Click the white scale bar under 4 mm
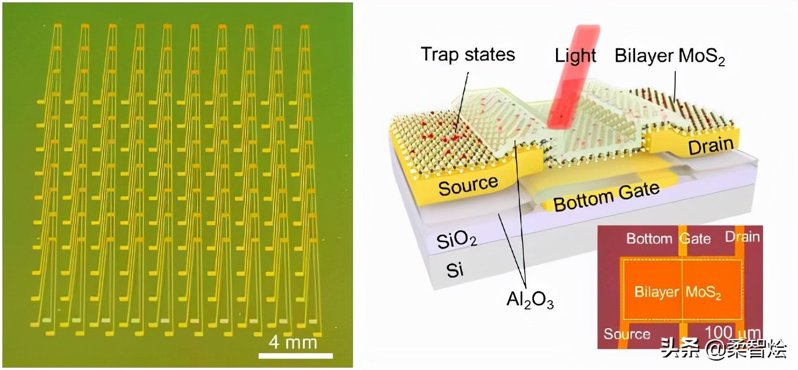pos(295,355)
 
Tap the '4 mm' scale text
pos(294,342)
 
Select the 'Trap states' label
pos(468,55)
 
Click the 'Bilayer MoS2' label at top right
pos(669,57)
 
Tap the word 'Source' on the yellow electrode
pos(468,186)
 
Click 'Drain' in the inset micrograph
pos(742,236)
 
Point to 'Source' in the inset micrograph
pos(626,334)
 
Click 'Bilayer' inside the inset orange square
pos(657,292)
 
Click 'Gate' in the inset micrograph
pos(696,239)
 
